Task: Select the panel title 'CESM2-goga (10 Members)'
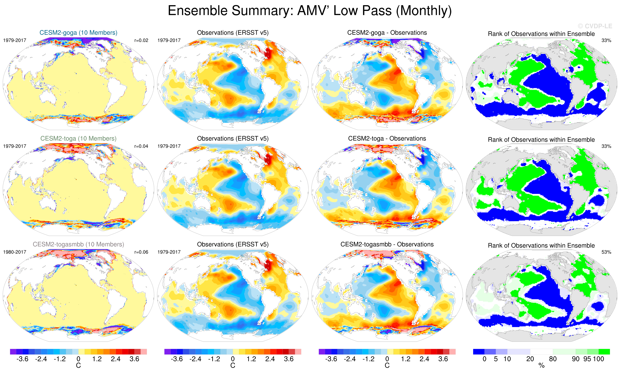pos(78,33)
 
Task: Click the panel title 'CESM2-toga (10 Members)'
pos(78,139)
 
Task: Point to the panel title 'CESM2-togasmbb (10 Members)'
pos(78,244)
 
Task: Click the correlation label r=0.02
pos(141,40)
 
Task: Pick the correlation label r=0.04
pos(141,146)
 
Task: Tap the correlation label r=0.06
pos(141,252)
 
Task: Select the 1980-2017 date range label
pos(15,252)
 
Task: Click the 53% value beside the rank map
pos(606,252)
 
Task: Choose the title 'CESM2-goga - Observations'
pos(387,33)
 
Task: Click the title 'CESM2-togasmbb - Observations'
pos(387,244)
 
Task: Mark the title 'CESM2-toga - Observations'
pos(387,139)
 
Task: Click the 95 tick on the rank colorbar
pos(587,359)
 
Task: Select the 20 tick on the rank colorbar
pos(530,359)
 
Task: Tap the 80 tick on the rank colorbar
pos(553,359)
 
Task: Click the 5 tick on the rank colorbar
pos(496,359)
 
